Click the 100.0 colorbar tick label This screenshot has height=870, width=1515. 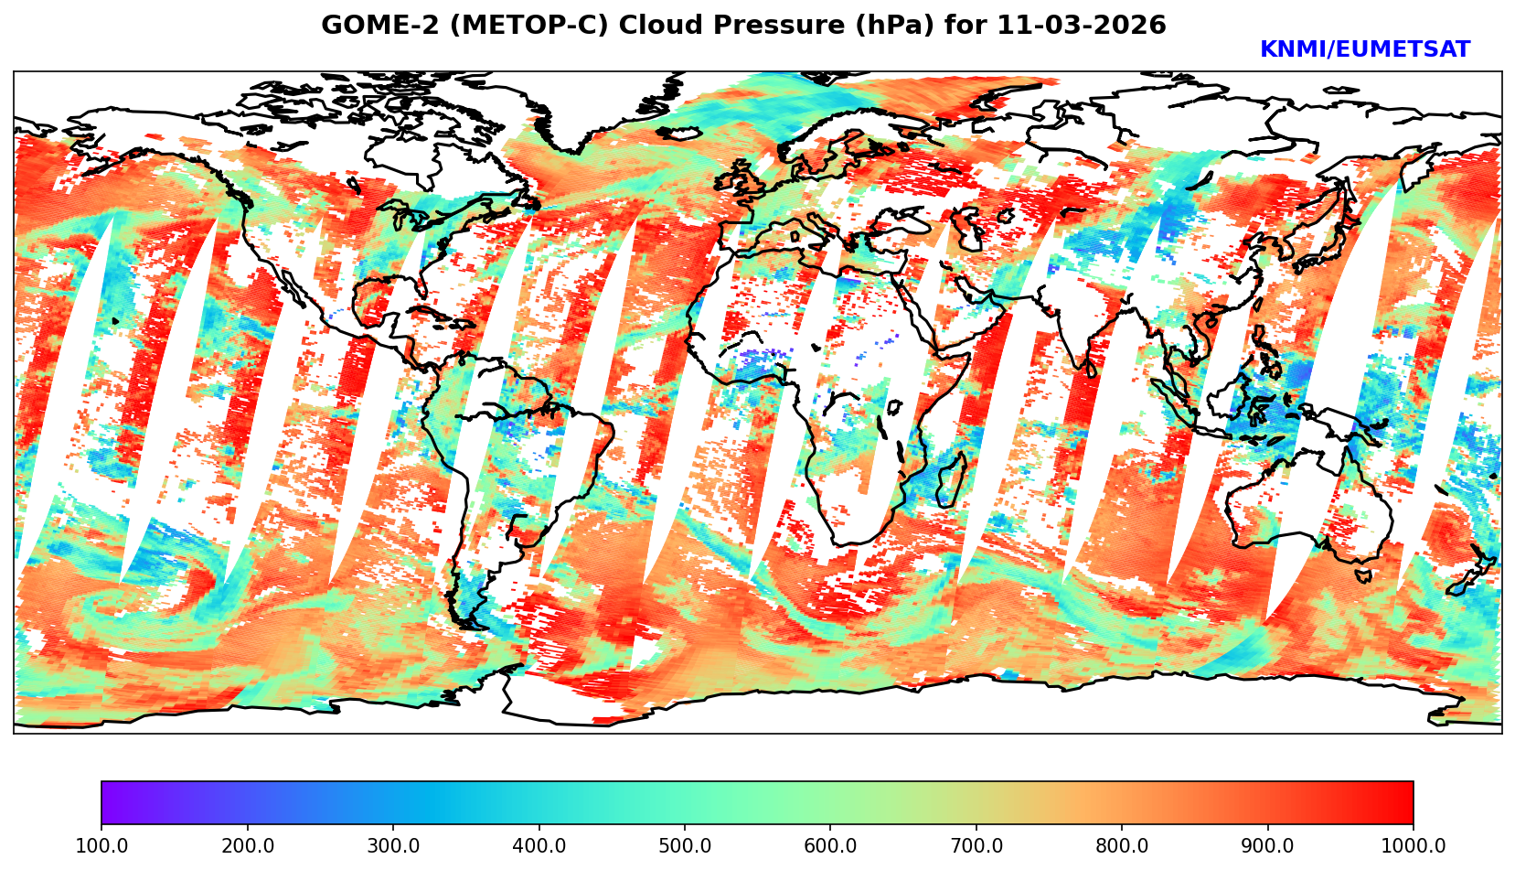(x=101, y=846)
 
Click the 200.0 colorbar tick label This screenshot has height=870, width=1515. (x=247, y=846)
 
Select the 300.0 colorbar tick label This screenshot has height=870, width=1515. (x=393, y=846)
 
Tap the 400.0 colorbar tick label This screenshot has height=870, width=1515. (x=539, y=846)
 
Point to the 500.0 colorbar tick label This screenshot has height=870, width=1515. (x=685, y=846)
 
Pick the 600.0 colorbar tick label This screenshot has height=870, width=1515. (x=830, y=846)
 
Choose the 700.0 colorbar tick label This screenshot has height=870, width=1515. (x=976, y=846)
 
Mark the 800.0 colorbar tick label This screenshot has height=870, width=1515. (x=1122, y=846)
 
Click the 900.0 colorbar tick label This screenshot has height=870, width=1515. (x=1268, y=846)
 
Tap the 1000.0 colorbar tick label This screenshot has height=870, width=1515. (x=1414, y=846)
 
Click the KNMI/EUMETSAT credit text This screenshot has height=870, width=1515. (x=1364, y=50)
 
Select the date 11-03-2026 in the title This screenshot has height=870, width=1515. (x=1082, y=26)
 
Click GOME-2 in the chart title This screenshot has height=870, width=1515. (x=366, y=26)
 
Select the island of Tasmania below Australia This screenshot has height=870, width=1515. (x=1364, y=576)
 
